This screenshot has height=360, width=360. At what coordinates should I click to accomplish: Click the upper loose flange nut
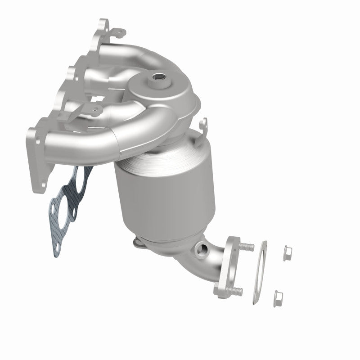286,254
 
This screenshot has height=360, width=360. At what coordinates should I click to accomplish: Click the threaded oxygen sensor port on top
160,78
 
